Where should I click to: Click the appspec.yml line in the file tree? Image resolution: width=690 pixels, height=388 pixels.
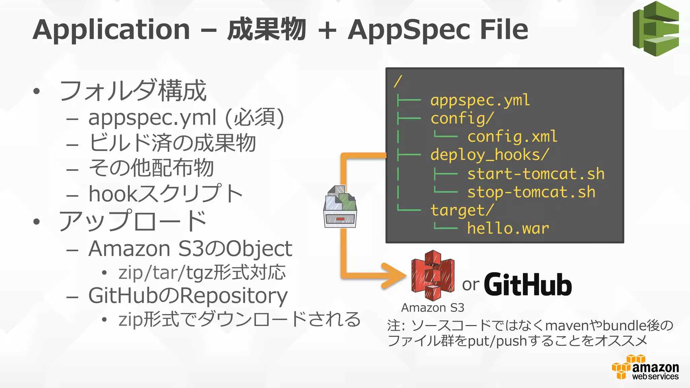480,100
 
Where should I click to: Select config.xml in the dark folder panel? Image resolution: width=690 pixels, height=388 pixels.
512,137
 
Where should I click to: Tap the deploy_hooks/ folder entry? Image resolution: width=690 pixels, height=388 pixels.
490,155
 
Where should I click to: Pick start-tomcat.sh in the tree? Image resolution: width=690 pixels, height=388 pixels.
536,174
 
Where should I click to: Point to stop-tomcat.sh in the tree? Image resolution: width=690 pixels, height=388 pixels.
531,192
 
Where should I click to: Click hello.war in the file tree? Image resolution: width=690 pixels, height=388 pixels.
508,228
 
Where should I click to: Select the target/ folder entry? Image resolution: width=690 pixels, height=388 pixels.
462,211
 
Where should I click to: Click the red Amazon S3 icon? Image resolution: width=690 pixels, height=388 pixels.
433,276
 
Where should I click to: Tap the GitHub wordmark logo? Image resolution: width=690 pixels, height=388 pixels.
528,285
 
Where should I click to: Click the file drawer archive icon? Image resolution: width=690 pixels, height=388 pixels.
340,207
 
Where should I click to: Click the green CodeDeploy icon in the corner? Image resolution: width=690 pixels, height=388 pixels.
656,29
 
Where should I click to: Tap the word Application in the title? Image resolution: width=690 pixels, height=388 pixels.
112,30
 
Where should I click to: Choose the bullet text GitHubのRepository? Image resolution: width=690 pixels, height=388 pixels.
188,296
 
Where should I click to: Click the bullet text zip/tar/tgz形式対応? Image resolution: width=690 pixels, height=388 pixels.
202,272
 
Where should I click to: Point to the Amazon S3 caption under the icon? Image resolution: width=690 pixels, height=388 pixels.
433,308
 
